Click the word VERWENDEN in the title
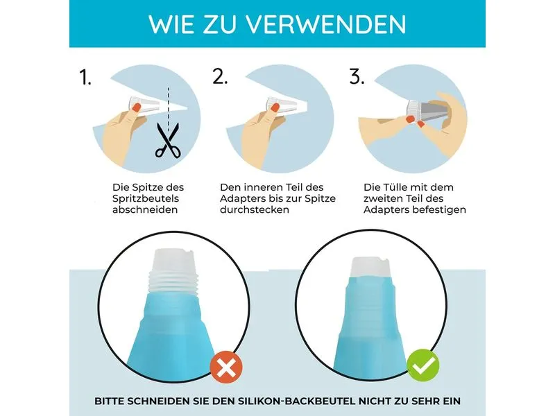tap(325, 24)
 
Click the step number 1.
tap(85, 77)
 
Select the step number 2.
tap(219, 76)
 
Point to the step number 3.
tap(357, 76)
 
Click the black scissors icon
tap(168, 140)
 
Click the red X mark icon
tap(226, 367)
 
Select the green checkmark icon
tap(423, 365)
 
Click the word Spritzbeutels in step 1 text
tap(146, 198)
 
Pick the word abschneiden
tap(145, 209)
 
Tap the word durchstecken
tap(255, 209)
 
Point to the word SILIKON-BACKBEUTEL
tap(296, 401)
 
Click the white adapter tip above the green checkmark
tap(370, 267)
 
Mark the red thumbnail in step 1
tap(137, 107)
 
